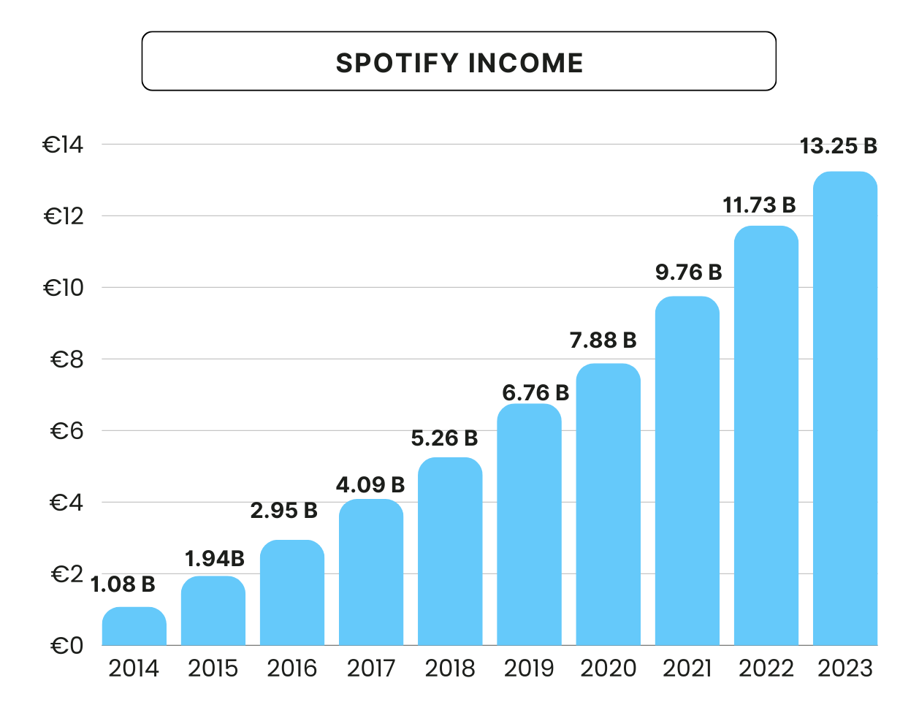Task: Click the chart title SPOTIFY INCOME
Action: click(x=459, y=63)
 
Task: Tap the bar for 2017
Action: click(x=371, y=573)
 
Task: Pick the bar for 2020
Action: click(x=608, y=505)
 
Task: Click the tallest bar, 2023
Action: click(x=844, y=409)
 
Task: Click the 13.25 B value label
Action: click(x=838, y=146)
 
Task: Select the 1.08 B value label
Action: click(x=123, y=584)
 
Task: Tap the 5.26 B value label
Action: click(x=444, y=438)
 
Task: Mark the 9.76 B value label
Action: click(x=688, y=272)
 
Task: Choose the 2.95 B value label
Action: click(x=283, y=511)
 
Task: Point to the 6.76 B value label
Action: click(x=535, y=393)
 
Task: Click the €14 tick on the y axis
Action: click(x=64, y=145)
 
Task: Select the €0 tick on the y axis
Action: click(x=66, y=646)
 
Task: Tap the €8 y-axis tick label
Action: click(x=66, y=359)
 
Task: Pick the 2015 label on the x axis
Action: click(x=213, y=668)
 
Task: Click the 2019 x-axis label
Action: click(x=529, y=668)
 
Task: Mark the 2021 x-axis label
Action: click(x=687, y=668)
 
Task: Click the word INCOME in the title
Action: click(x=525, y=63)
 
